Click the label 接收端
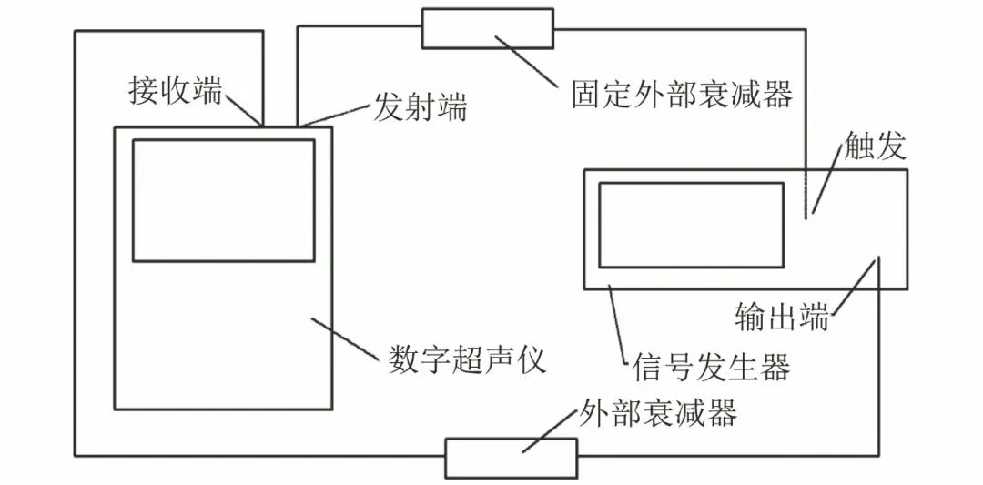(175, 91)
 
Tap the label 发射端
(421, 109)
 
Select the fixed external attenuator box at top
(487, 27)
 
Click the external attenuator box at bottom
(511, 458)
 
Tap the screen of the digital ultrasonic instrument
(223, 200)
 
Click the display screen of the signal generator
(691, 225)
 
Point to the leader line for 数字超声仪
(343, 338)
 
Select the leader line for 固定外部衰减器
(527, 61)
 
